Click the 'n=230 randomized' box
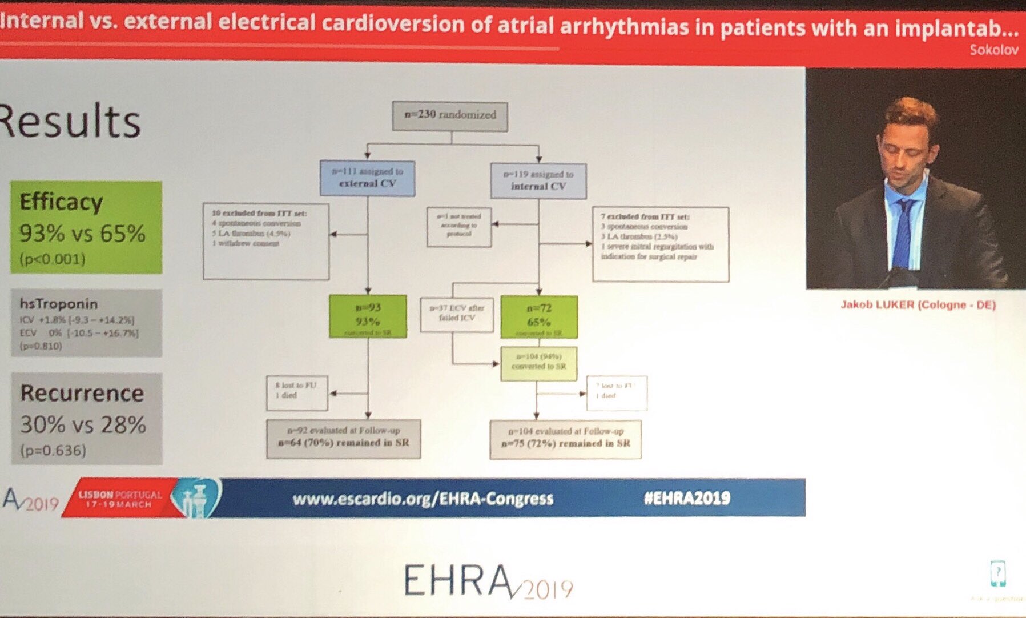[x=450, y=115]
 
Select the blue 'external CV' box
[x=367, y=178]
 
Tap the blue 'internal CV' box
[x=538, y=180]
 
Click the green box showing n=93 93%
[x=368, y=316]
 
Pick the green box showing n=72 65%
[x=538, y=316]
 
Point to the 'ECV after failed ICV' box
[x=457, y=314]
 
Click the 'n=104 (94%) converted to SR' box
[x=538, y=362]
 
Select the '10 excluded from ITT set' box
[x=266, y=240]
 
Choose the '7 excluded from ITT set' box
[x=661, y=244]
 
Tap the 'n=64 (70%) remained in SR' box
[x=343, y=438]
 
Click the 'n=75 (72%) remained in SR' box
[x=565, y=439]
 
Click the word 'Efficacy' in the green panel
[x=61, y=202]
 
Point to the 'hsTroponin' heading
[x=59, y=304]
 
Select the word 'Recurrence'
[x=82, y=394]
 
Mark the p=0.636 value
[x=53, y=451]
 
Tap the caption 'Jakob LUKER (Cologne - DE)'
[x=918, y=305]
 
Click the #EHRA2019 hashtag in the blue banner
[x=687, y=498]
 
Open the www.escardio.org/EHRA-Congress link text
[x=423, y=499]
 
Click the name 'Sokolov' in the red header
[x=993, y=50]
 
